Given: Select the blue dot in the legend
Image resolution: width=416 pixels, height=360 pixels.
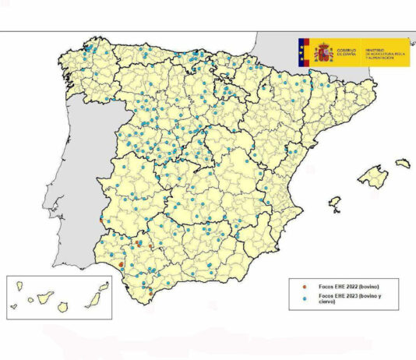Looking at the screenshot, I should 298,298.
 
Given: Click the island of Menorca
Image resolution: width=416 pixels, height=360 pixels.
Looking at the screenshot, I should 402,164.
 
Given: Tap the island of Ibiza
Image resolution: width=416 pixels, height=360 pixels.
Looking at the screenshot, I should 335,204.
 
